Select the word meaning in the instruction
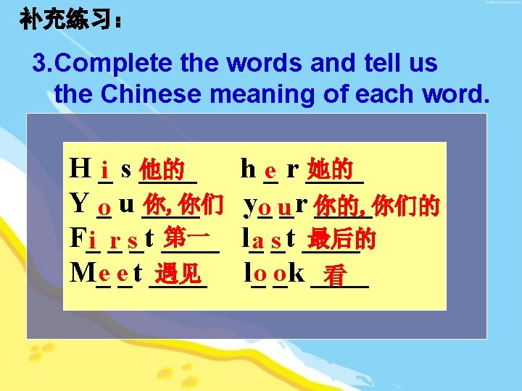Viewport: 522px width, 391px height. (x=320, y=93)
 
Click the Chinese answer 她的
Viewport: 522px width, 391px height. (x=330, y=171)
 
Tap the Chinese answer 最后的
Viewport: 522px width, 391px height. (x=341, y=239)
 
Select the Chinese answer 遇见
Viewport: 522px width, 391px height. (x=178, y=274)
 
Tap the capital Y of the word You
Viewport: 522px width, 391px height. (x=78, y=203)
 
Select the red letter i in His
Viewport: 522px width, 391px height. (x=106, y=172)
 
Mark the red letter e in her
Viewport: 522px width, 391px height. (x=270, y=172)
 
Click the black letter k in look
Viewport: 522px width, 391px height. (x=296, y=272)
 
